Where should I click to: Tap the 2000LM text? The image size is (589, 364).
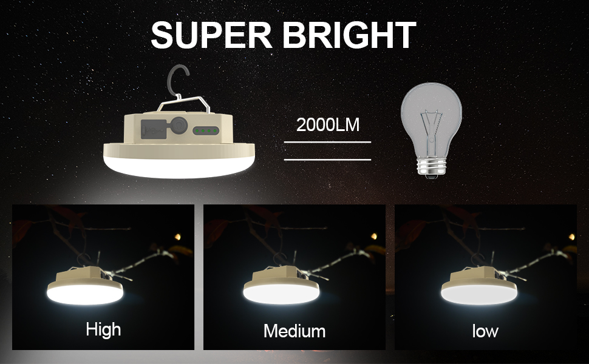pos(328,125)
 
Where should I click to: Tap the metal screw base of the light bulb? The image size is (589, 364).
pos(431,167)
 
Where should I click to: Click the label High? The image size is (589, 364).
pos(103,329)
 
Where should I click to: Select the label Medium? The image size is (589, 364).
pos(294,331)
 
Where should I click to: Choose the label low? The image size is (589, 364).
pos(485,331)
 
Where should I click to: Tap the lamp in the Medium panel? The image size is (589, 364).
pos(281,285)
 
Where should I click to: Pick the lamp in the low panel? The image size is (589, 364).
pos(477,285)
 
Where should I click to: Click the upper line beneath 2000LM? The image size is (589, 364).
pos(327,142)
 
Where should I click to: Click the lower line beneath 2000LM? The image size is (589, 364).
pos(327,160)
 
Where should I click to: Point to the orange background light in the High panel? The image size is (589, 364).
pos(178,236)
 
